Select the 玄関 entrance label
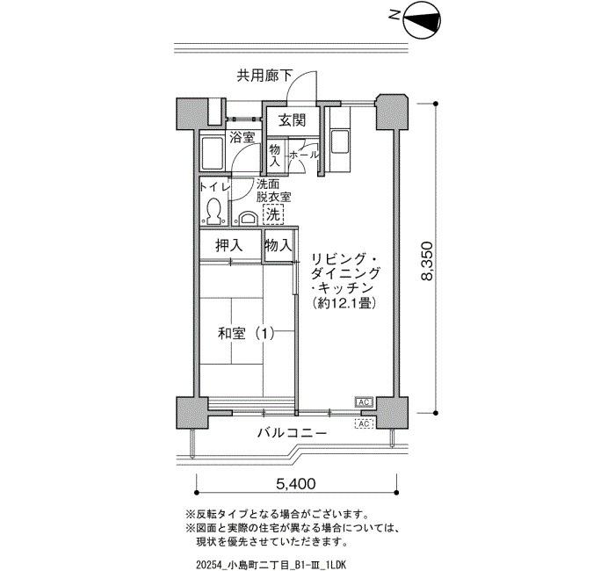(293, 121)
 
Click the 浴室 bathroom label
(242, 138)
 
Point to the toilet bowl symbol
(213, 211)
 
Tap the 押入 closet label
(229, 246)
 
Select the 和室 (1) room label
(246, 334)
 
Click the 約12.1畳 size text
(344, 303)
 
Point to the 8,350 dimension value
(427, 260)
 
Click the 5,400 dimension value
(296, 484)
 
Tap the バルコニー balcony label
(293, 433)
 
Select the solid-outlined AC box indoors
(364, 402)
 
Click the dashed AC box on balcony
(364, 423)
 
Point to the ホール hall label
(304, 155)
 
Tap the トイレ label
(214, 187)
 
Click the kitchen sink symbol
(340, 142)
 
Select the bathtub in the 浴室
(212, 151)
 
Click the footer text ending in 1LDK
(271, 565)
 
